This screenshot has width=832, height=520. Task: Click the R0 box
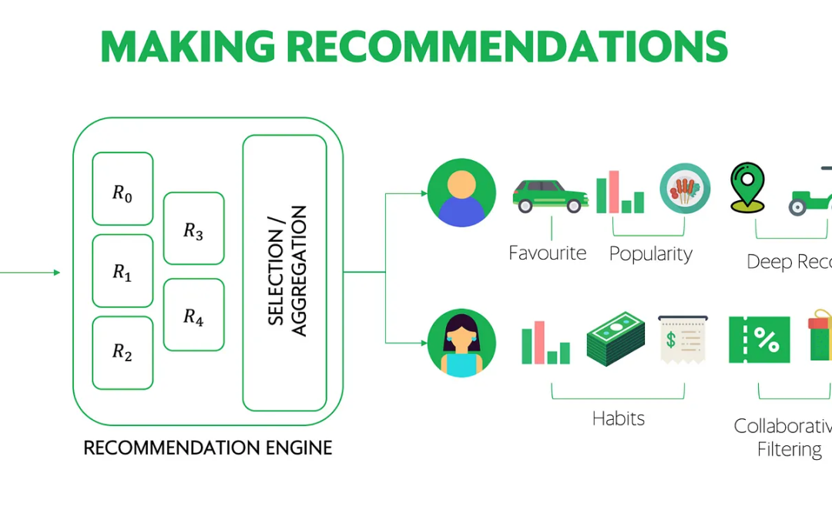coord(122,189)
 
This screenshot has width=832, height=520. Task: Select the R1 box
coord(122,270)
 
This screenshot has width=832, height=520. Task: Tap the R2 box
coord(122,352)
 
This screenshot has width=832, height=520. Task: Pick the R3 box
coord(193,228)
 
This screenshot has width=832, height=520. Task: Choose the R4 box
coord(193,314)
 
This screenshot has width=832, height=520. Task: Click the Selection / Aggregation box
coord(285,272)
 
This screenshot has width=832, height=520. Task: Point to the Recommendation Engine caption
coord(207,448)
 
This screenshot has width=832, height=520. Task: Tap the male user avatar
coord(461,193)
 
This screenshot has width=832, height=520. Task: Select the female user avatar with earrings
coord(461,343)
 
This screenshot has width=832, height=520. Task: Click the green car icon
coord(549,195)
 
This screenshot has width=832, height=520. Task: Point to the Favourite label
coord(547,253)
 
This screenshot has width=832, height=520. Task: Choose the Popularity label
coord(650,253)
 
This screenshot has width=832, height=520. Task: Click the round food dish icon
coord(685,189)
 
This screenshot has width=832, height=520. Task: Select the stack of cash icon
coord(616,339)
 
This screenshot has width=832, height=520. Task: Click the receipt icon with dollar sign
coord(683,338)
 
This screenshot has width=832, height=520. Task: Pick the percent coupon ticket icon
coord(759,340)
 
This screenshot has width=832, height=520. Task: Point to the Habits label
coord(618,418)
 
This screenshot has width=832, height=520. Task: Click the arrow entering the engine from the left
coord(31,272)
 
